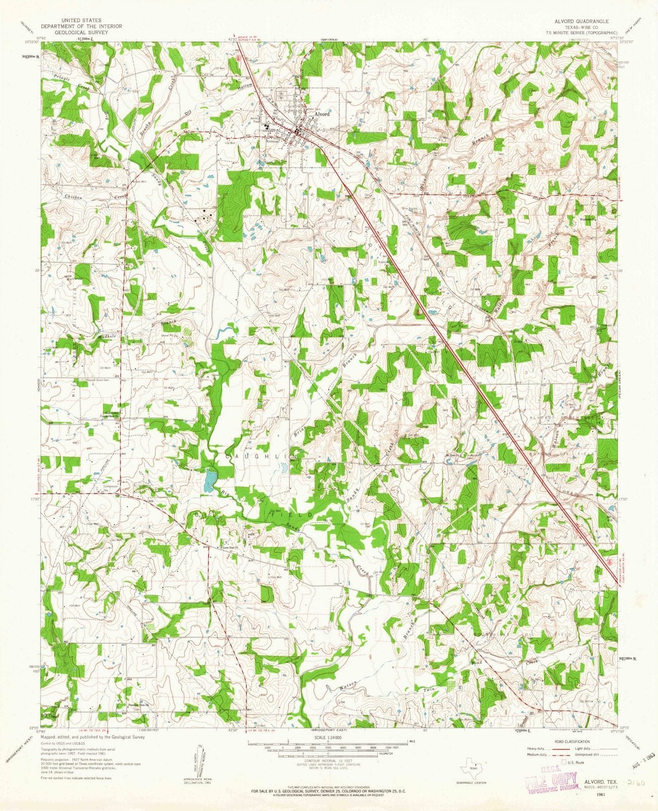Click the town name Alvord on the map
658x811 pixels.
click(x=322, y=115)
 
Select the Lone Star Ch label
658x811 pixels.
click(x=231, y=547)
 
